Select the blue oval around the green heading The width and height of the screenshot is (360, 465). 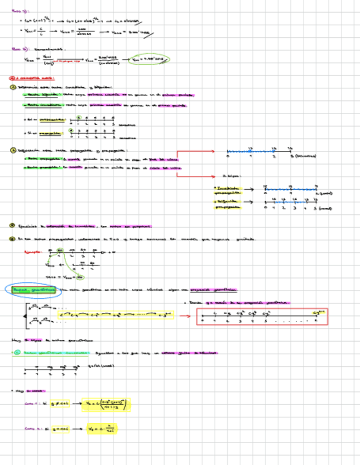[x=33, y=289]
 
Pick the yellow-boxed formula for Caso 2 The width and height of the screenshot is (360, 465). [x=102, y=428]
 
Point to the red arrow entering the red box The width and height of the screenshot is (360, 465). [x=185, y=316]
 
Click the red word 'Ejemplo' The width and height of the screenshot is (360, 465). [x=32, y=252]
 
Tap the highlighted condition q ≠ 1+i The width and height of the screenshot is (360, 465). [x=60, y=405]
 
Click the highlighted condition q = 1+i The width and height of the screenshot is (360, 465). [x=61, y=428]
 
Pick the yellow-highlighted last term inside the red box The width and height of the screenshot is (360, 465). [x=316, y=313]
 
